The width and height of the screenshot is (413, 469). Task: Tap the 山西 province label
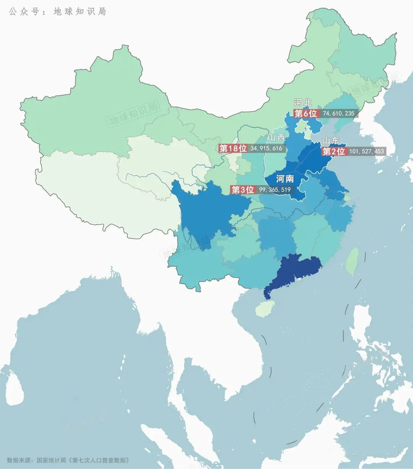276,137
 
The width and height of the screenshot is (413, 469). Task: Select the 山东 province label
331,140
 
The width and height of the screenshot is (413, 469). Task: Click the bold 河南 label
285,177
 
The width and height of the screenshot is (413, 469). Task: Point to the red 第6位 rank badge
306,113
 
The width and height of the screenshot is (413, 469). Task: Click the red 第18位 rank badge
232,148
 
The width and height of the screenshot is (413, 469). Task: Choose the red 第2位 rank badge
333,151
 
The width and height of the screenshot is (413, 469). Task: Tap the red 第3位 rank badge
242,190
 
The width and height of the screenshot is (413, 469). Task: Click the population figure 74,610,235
339,113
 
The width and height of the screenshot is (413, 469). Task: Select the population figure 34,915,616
267,148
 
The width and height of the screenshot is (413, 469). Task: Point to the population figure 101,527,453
366,151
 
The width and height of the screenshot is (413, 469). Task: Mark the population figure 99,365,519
275,190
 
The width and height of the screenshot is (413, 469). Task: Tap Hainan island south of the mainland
264,308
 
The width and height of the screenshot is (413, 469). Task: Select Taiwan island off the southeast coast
352,261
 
